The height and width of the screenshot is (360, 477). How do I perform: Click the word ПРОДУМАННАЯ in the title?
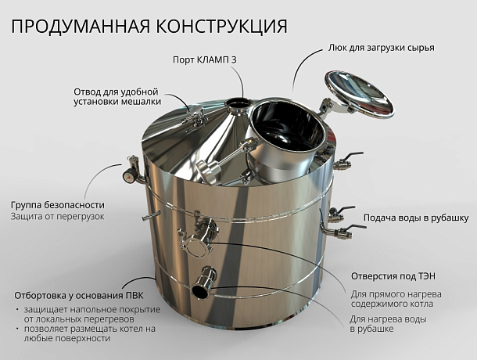coord(81,26)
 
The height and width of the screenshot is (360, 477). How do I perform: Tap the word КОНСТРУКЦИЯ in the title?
coord(221,27)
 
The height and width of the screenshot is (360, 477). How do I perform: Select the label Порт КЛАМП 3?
coord(205,59)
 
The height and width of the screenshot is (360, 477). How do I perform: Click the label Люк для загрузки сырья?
coord(381,48)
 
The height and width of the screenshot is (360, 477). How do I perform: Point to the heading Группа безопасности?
coord(58,205)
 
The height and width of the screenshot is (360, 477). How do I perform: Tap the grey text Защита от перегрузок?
coord(58,217)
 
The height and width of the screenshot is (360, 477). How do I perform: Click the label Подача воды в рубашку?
coord(416,218)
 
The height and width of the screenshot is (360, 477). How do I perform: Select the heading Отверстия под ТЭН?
coord(393,276)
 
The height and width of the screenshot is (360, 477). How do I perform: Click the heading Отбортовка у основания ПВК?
coord(79,295)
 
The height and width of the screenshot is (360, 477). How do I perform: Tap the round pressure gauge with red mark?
coord(129,175)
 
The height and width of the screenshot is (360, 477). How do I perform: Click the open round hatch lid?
coord(359,94)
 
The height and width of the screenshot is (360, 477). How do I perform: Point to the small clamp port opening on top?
coord(237,103)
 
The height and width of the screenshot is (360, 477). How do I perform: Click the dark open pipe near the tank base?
coord(201,287)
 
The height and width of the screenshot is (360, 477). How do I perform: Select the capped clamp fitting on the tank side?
coord(196,246)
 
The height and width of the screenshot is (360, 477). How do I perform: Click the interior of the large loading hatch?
coord(288,127)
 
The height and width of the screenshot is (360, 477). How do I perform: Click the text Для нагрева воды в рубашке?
coord(388,324)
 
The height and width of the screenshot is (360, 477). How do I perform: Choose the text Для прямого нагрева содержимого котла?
coord(396,299)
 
